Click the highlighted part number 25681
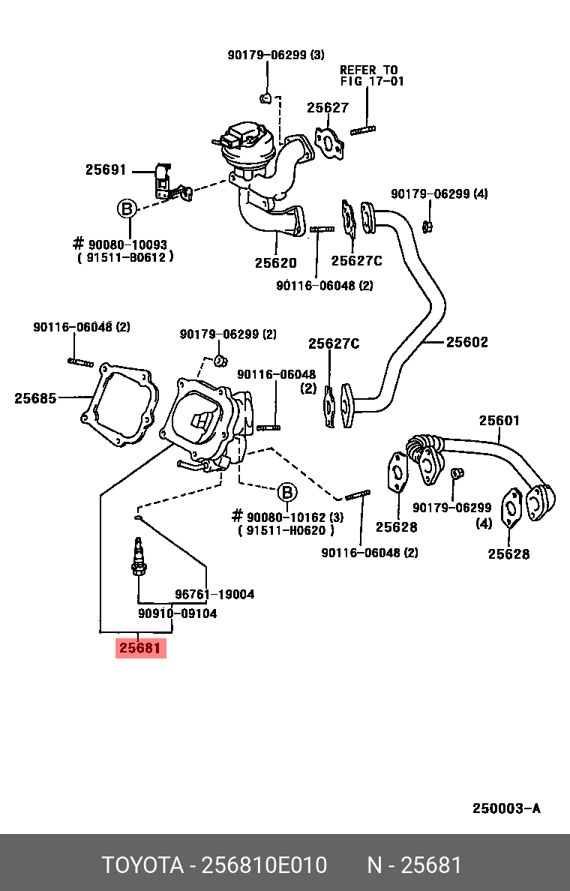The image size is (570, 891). pos(140,648)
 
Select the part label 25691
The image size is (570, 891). pos(106,170)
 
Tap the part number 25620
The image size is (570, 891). pos(275,263)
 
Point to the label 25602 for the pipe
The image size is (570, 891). pos(466,342)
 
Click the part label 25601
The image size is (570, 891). pos(499,421)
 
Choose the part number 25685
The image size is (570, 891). pos(35,398)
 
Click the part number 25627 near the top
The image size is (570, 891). pos(328,108)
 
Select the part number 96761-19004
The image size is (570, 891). pos(214,594)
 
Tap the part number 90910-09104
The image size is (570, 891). pos(177,613)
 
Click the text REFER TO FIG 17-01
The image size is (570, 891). pos(371,75)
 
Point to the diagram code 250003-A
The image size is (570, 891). pos(506,808)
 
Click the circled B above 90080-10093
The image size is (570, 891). pos(127,208)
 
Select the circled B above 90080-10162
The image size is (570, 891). pos(287,493)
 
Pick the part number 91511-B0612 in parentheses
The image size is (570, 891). pos(125,256)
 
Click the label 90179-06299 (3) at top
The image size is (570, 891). pos(276,55)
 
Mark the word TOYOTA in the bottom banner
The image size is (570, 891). pos(142,865)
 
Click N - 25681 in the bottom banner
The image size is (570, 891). pos(414,865)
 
